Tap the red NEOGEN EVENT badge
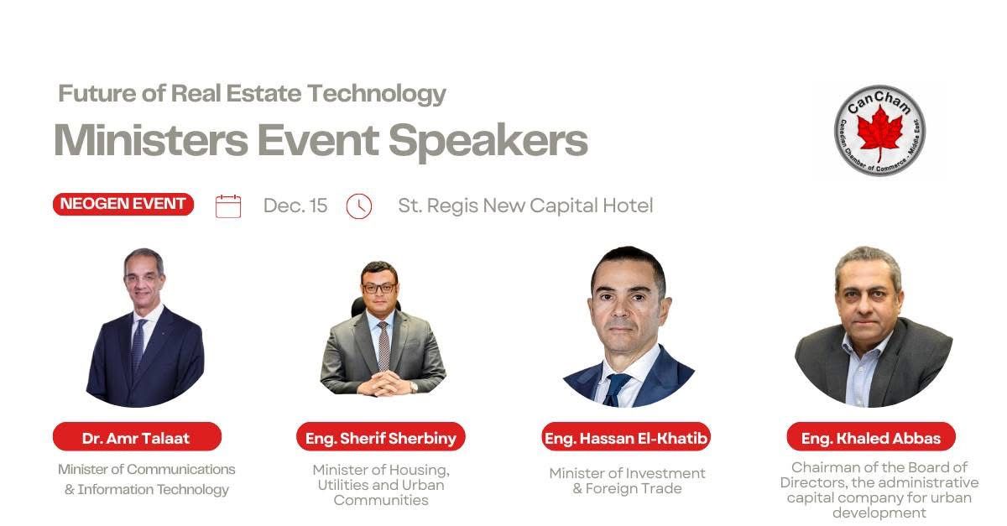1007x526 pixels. (123, 204)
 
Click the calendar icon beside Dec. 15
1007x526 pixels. (228, 206)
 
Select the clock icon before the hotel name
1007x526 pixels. (359, 206)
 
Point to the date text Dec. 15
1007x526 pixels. (295, 206)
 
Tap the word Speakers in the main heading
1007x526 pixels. (488, 141)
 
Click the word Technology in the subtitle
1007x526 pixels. (377, 94)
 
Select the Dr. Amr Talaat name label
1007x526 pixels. (137, 437)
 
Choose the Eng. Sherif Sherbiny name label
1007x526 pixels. (381, 437)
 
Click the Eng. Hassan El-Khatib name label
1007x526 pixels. (626, 437)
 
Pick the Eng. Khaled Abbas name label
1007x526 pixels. (871, 437)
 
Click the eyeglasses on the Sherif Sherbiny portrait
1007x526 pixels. (379, 288)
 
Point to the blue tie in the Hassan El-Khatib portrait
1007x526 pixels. (614, 390)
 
